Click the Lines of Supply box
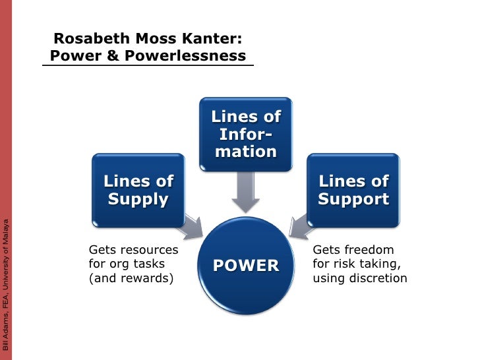click(137, 190)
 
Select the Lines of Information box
click(246, 134)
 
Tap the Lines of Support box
click(353, 190)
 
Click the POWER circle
click(245, 265)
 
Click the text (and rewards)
click(131, 278)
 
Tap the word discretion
click(378, 278)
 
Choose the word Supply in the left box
click(138, 198)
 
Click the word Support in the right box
click(353, 198)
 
